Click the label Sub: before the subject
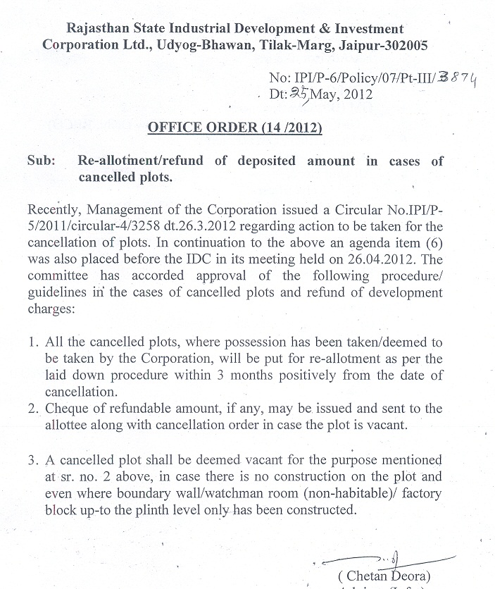[x=42, y=161]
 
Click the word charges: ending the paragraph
[x=49, y=307]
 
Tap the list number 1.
[x=32, y=343]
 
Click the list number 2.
[x=32, y=409]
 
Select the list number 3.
[x=32, y=461]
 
